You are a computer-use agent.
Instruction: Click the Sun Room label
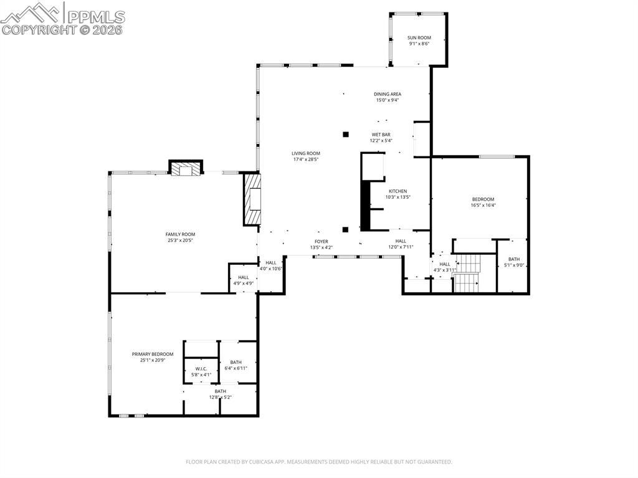click(x=419, y=38)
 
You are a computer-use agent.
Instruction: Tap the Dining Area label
click(x=388, y=94)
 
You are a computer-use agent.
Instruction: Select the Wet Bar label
click(x=381, y=135)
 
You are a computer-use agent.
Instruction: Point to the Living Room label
click(x=305, y=153)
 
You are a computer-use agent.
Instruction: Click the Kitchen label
click(x=398, y=191)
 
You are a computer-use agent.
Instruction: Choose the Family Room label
click(x=180, y=234)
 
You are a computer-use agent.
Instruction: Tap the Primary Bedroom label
click(x=153, y=354)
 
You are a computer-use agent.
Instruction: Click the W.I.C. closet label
click(x=201, y=369)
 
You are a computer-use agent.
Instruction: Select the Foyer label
click(x=321, y=241)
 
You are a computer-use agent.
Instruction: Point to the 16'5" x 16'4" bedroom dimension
click(x=483, y=206)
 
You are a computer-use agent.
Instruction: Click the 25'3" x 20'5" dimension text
click(x=180, y=241)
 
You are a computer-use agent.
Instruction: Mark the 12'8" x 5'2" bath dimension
click(x=220, y=398)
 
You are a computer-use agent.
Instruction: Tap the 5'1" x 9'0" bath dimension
click(x=514, y=265)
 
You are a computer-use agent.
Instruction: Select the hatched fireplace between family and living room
click(x=252, y=199)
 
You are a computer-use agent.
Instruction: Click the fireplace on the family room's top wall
click(x=186, y=168)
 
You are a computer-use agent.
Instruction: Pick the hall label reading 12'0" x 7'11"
click(x=401, y=247)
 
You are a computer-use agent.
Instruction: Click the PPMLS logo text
click(x=96, y=17)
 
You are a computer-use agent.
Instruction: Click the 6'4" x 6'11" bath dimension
click(x=236, y=368)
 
